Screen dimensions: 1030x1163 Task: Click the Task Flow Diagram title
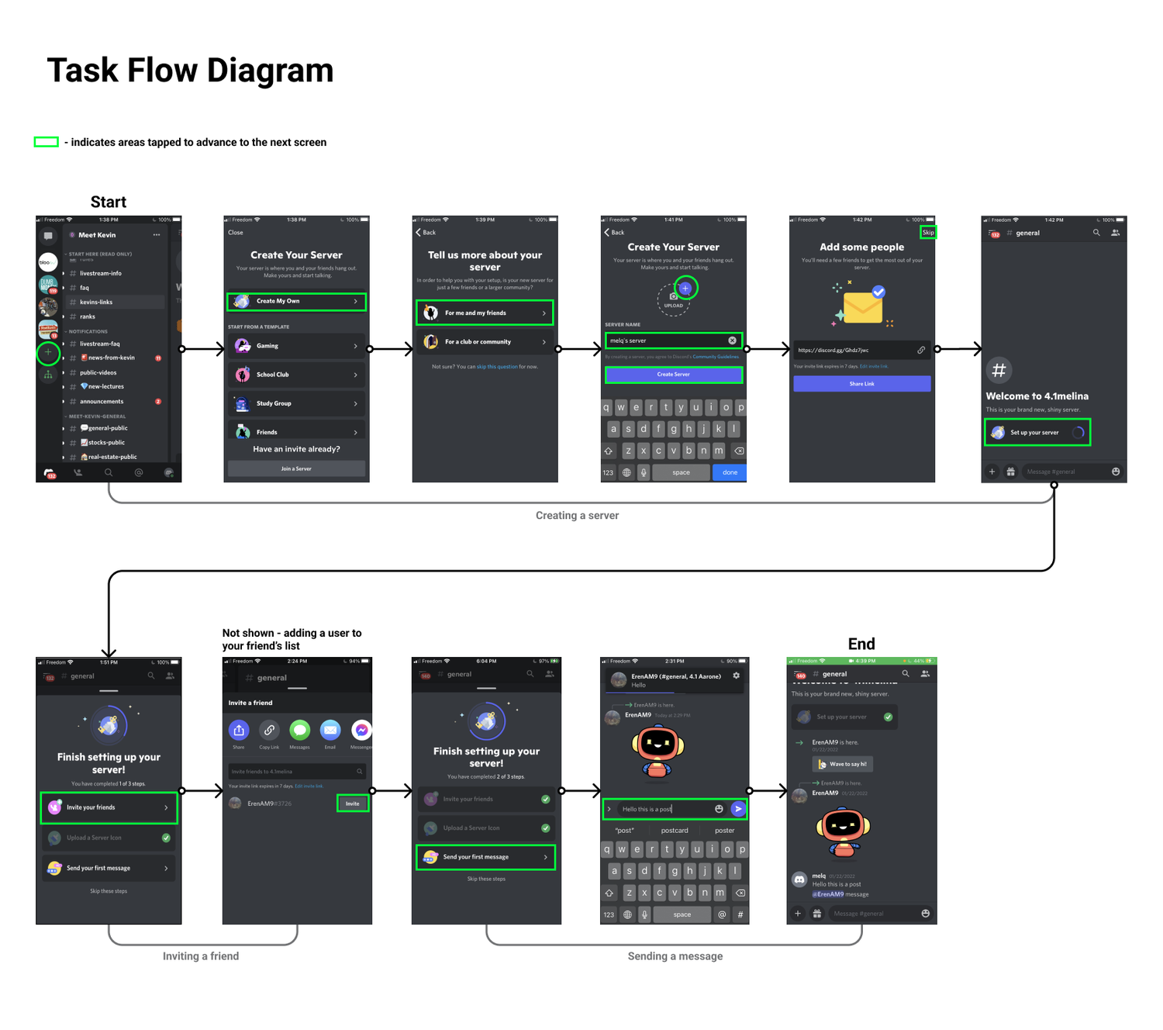click(190, 71)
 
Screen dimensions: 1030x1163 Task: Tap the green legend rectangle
click(47, 142)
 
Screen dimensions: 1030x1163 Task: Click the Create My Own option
click(296, 301)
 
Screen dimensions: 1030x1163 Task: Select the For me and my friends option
click(485, 313)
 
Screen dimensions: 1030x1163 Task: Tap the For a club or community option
click(485, 341)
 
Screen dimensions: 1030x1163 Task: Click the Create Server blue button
click(673, 375)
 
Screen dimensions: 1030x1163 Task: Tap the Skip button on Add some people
click(928, 232)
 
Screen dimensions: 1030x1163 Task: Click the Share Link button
click(861, 384)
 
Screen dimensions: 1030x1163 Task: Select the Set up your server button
click(1037, 432)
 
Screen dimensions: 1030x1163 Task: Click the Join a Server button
click(296, 468)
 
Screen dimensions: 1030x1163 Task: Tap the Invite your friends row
click(109, 807)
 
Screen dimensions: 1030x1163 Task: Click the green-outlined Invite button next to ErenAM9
click(353, 804)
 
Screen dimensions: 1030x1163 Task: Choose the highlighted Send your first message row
click(485, 857)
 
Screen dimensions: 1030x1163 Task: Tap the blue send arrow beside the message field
click(738, 809)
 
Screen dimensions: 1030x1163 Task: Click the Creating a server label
click(577, 515)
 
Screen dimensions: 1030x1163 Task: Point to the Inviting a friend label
click(201, 956)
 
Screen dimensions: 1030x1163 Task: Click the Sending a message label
click(675, 956)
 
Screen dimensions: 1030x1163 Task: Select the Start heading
click(109, 202)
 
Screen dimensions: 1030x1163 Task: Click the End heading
click(861, 644)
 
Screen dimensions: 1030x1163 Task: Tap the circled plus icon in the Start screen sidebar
click(48, 353)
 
